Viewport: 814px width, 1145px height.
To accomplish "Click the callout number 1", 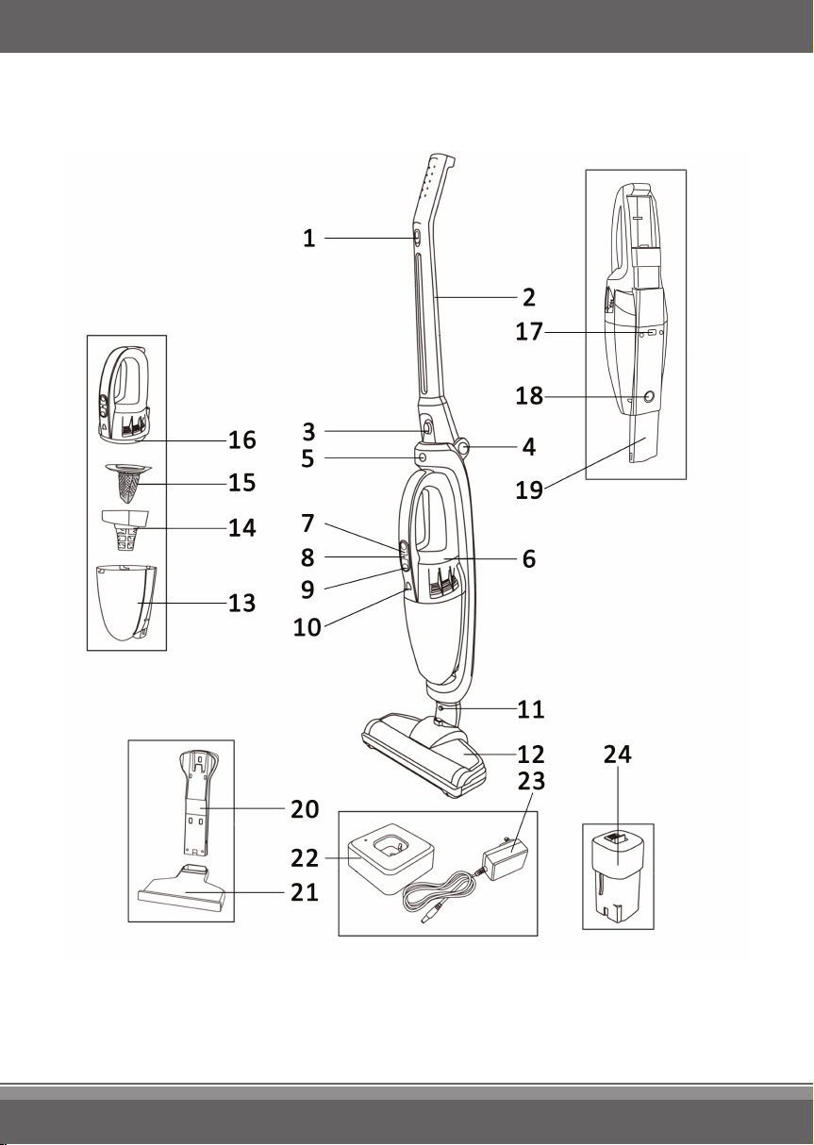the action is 308,239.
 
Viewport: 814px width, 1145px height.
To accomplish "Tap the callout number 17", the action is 529,332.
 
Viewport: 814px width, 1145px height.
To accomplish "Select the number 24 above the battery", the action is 617,755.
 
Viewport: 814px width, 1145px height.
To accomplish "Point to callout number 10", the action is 307,627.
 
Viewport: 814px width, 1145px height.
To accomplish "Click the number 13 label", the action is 241,604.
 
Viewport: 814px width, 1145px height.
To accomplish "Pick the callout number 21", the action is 305,893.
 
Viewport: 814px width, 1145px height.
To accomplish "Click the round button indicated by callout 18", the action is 649,396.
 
